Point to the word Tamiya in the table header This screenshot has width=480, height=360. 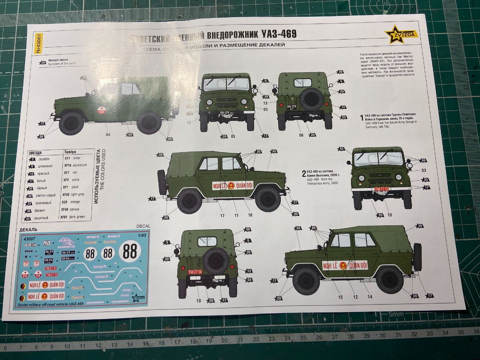[x=70, y=152]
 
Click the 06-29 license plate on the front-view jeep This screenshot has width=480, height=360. [x=226, y=113]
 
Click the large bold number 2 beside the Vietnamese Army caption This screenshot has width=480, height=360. [x=304, y=173]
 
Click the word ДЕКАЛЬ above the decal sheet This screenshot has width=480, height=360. [x=28, y=230]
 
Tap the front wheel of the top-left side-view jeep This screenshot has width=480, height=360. [x=71, y=123]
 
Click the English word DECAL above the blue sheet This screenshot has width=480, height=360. [x=143, y=226]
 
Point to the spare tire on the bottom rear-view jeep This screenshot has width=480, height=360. [x=216, y=261]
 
